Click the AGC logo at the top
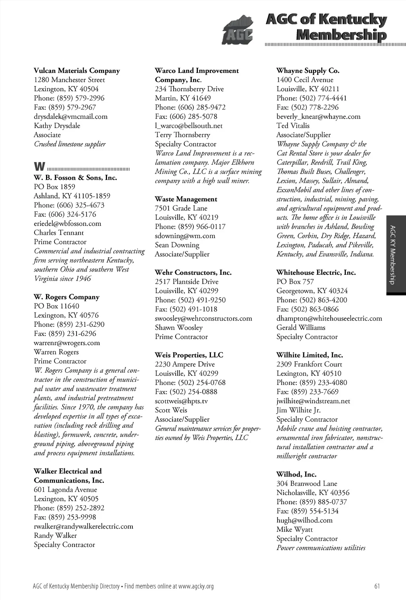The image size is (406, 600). tap(237, 30)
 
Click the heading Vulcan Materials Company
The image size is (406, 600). tap(77, 71)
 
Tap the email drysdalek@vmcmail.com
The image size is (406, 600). tap(71, 117)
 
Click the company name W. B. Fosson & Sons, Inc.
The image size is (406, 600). tap(75, 178)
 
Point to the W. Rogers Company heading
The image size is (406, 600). tap(67, 297)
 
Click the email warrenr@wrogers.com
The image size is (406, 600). tap(67, 343)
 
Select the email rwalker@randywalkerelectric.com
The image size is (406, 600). tap(83, 527)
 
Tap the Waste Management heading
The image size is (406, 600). tap(186, 199)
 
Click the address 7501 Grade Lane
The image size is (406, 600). tap(181, 208)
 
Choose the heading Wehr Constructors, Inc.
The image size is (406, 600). tap(193, 272)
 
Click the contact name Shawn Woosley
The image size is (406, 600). tap(178, 328)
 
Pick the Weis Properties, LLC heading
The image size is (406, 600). tap(189, 355)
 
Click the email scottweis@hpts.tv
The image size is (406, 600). tap(181, 401)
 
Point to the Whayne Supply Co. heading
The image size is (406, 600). tap(308, 71)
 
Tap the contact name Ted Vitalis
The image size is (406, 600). tap(293, 126)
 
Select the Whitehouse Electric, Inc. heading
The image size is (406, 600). tap(316, 272)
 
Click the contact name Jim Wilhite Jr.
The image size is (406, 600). tap(299, 410)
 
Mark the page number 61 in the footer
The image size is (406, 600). tap(377, 586)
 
